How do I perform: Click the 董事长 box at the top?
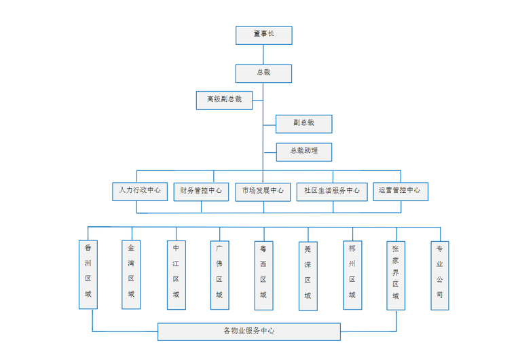[263, 35]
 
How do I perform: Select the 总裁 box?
[263, 73]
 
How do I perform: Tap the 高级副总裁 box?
[224, 100]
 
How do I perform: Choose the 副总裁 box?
[304, 124]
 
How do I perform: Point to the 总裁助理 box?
[304, 152]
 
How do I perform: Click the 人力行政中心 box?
[140, 191]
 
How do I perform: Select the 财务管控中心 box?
[201, 191]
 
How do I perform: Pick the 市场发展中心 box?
[263, 191]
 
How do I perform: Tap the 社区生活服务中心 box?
[332, 191]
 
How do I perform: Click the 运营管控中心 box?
[400, 191]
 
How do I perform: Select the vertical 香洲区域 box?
[88, 275]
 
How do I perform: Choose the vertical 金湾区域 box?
[131, 275]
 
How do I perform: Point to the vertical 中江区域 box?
[176, 275]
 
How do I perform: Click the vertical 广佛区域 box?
[219, 275]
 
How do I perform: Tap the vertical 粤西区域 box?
[263, 275]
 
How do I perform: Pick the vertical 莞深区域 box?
[307, 275]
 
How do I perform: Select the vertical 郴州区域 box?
[352, 275]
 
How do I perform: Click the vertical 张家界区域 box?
[396, 275]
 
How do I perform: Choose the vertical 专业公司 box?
[439, 275]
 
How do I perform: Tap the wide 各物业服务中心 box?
[249, 331]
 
